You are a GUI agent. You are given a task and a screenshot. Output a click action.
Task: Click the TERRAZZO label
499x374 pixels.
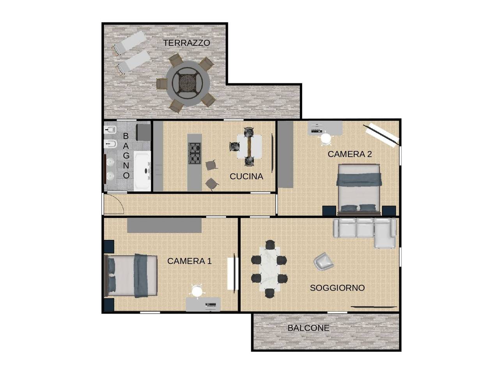coord(186,43)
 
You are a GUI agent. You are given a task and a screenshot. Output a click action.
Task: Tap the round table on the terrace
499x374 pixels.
coord(188,83)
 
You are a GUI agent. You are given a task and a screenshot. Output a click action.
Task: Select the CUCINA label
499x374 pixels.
coord(246,176)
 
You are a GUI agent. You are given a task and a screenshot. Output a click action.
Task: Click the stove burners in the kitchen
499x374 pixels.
coord(195,153)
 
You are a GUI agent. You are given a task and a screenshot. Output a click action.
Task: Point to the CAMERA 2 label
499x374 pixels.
coord(350,154)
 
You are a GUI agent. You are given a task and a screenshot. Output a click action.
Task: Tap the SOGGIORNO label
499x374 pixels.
coord(337,288)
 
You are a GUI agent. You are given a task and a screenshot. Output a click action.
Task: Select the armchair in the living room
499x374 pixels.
coord(324,261)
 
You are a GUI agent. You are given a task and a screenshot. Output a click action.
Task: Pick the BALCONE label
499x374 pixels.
coord(308,328)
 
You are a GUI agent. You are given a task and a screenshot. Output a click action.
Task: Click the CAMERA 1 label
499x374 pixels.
coord(189,261)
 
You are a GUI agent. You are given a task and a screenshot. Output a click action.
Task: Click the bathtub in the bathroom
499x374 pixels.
coord(142,171)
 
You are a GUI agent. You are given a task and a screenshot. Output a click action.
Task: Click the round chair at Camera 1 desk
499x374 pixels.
coord(197,291)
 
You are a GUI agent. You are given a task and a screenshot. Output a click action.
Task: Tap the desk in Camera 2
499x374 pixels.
coord(325,127)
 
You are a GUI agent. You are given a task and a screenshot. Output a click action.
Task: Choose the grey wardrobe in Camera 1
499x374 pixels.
coord(164,226)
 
